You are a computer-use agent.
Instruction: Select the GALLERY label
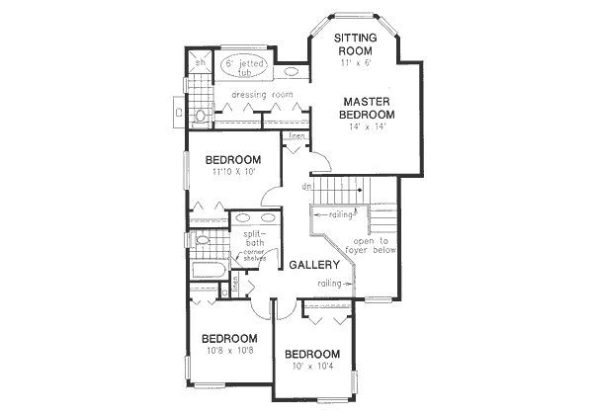point(314,265)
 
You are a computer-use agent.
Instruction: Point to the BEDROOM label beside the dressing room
point(232,160)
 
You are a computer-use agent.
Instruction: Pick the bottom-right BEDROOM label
point(311,354)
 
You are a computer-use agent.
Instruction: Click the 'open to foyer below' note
point(372,245)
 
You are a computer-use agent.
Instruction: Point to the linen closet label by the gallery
point(296,139)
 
